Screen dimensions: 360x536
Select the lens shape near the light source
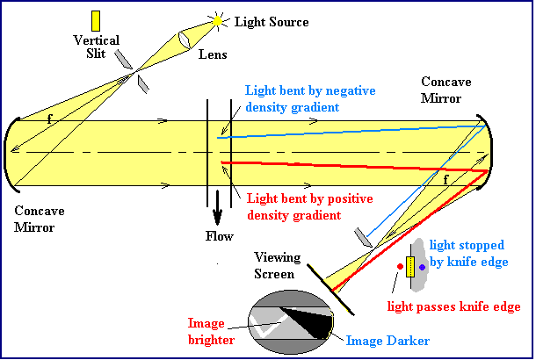(188, 41)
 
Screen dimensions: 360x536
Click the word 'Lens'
(213, 55)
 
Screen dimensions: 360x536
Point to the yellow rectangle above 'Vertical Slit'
(96, 20)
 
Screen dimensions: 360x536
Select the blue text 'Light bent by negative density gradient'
(291, 99)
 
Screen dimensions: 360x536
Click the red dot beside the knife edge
(401, 267)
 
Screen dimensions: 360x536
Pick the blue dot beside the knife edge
(423, 267)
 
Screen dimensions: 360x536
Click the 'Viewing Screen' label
(277, 265)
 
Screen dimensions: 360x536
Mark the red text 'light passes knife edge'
(457, 306)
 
